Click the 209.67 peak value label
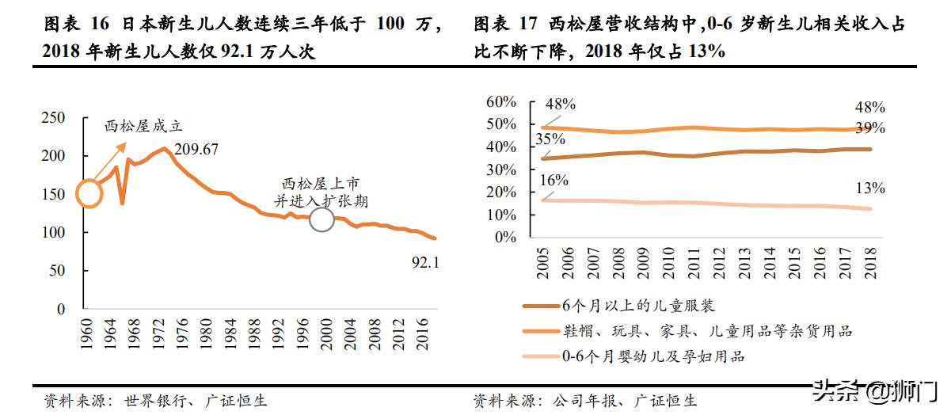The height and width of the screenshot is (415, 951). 196,149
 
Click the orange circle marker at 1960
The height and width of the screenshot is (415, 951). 89,193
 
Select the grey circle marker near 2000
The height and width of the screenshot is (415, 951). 321,219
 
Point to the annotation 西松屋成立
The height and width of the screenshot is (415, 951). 143,126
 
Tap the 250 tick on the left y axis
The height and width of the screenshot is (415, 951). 53,118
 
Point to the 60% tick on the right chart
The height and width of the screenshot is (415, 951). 500,101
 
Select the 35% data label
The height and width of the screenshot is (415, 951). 550,139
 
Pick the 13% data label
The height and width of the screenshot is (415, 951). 869,188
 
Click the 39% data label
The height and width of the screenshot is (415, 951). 869,128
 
